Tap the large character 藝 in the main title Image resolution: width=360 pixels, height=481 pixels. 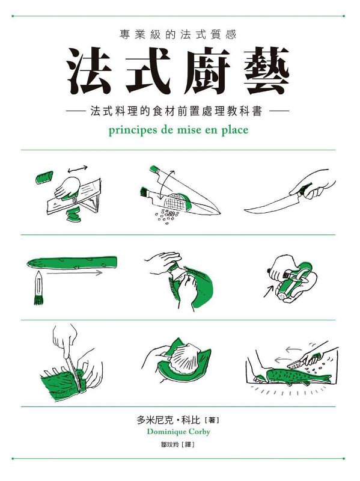coord(266,71)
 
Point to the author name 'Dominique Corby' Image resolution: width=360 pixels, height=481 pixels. coord(178,432)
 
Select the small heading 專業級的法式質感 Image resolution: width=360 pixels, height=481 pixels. coord(178,35)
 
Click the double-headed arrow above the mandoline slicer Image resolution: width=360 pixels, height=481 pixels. coord(78,168)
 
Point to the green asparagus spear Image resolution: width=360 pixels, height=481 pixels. coord(72,263)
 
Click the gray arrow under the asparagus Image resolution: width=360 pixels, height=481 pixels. coord(75,273)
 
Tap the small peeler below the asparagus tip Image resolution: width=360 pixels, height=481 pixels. coord(38,289)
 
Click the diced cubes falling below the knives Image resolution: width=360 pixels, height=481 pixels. coord(167,216)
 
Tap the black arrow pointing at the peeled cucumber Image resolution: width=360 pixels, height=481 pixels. coord(269,292)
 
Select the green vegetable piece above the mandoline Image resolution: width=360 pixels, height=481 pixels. coord(44,177)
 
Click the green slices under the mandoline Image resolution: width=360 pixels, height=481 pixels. coord(73,214)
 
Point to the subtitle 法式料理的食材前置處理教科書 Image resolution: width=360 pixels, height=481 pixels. coord(177,111)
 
